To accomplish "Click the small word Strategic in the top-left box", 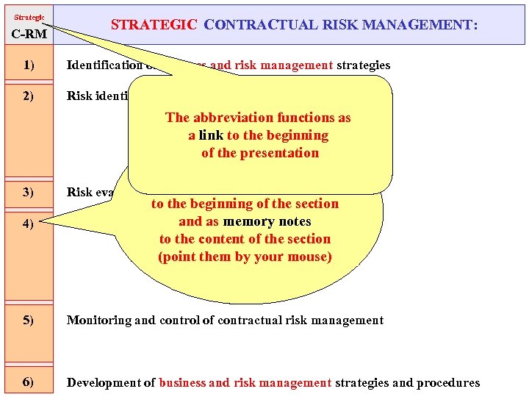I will tap(29, 16).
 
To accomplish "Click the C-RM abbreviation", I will tap(28, 34).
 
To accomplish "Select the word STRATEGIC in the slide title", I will tap(154, 25).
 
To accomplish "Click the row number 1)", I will tap(29, 65).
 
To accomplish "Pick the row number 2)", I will tap(29, 96).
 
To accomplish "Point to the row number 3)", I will tap(29, 193).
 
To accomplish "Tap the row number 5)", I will tap(29, 320).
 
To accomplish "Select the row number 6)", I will tap(29, 382).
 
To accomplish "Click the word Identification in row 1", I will tap(104, 65).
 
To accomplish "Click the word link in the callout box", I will tap(211, 135).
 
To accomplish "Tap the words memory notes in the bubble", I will tap(267, 221).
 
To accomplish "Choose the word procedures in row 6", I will tap(445, 382).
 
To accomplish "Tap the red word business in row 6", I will tap(182, 382).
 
